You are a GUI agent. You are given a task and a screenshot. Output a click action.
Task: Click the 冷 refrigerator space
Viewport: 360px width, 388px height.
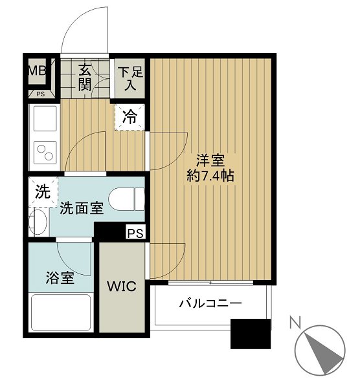(130, 118)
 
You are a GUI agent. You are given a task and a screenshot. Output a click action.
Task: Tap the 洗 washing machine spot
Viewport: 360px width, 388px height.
(42, 191)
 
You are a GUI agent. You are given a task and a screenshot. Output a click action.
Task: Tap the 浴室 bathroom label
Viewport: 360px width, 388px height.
(60, 279)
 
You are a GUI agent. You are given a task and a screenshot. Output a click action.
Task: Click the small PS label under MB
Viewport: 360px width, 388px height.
(40, 93)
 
